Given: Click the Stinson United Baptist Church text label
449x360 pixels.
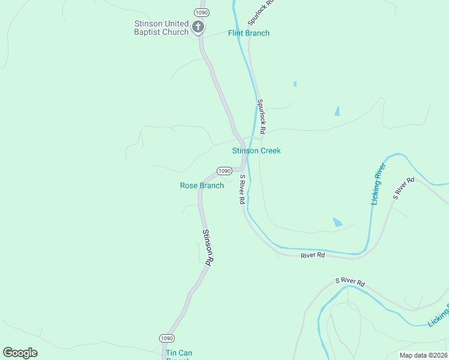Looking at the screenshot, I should tap(161, 28).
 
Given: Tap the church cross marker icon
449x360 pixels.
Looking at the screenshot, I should tap(198, 26).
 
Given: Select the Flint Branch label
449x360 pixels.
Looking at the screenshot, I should tap(249, 33).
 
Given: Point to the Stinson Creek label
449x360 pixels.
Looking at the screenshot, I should tap(256, 151).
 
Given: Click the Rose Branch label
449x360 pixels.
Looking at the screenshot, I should tap(202, 185).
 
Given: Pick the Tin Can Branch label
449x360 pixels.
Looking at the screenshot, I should tap(178, 354).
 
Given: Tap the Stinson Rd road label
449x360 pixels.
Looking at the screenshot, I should tap(207, 247).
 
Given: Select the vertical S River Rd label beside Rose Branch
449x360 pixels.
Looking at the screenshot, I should tap(242, 190).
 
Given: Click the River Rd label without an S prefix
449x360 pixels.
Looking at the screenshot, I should tap(312, 255).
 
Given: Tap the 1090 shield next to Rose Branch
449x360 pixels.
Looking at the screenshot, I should tap(224, 171).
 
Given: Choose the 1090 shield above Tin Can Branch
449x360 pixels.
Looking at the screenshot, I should tap(166, 338).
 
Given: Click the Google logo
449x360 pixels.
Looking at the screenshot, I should tap(20, 353).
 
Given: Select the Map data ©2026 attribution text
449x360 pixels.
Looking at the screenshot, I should tap(423, 355).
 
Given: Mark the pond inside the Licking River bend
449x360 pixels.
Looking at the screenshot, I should tap(337, 222).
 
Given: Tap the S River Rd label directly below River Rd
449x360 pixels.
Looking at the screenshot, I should tap(350, 281).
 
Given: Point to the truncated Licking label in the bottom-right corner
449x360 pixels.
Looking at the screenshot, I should tap(439, 315).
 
